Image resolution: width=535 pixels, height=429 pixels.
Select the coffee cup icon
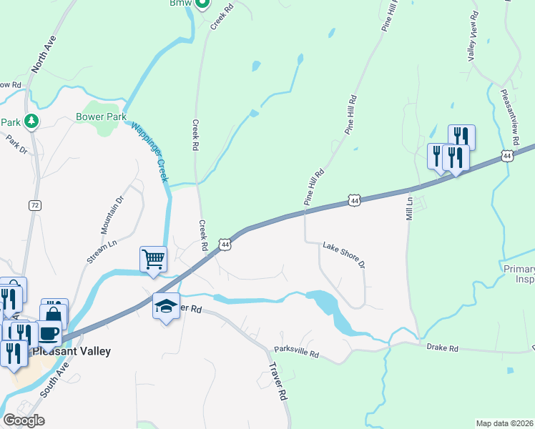(x=49, y=333)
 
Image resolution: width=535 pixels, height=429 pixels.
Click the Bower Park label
(x=101, y=117)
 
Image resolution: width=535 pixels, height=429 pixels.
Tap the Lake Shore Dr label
(x=344, y=255)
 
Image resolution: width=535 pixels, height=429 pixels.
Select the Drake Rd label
(x=442, y=347)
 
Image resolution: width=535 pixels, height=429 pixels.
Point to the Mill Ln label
(x=410, y=207)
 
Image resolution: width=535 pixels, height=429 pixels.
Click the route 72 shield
(x=34, y=205)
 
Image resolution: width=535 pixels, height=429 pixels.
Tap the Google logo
(x=23, y=420)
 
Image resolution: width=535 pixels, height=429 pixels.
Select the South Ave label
(x=54, y=380)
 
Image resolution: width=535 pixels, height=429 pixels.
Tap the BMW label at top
(x=182, y=4)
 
